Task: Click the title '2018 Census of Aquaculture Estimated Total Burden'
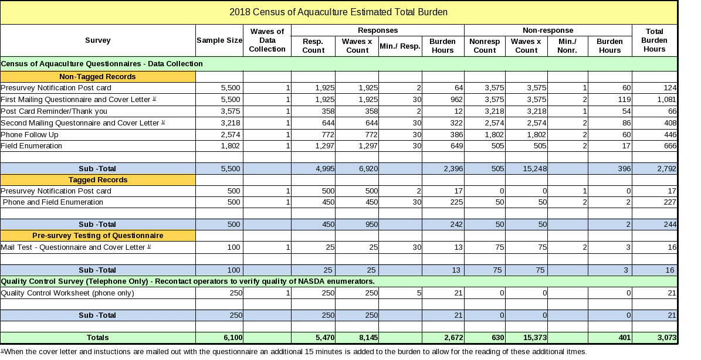pyautogui.click(x=338, y=12)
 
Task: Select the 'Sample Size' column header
pyautogui.click(x=219, y=40)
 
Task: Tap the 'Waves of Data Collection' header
pyautogui.click(x=267, y=40)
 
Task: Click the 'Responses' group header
pyautogui.click(x=377, y=30)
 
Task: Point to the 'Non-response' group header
pyautogui.click(x=547, y=30)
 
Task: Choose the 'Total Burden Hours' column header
pyautogui.click(x=654, y=40)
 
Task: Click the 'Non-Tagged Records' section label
pyautogui.click(x=97, y=77)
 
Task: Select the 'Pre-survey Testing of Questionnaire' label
pyautogui.click(x=97, y=236)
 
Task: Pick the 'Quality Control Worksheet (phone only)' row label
pyautogui.click(x=67, y=293)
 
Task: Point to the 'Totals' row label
pyautogui.click(x=97, y=338)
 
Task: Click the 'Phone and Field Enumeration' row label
pyautogui.click(x=53, y=202)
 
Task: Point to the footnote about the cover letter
pyautogui.click(x=293, y=352)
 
